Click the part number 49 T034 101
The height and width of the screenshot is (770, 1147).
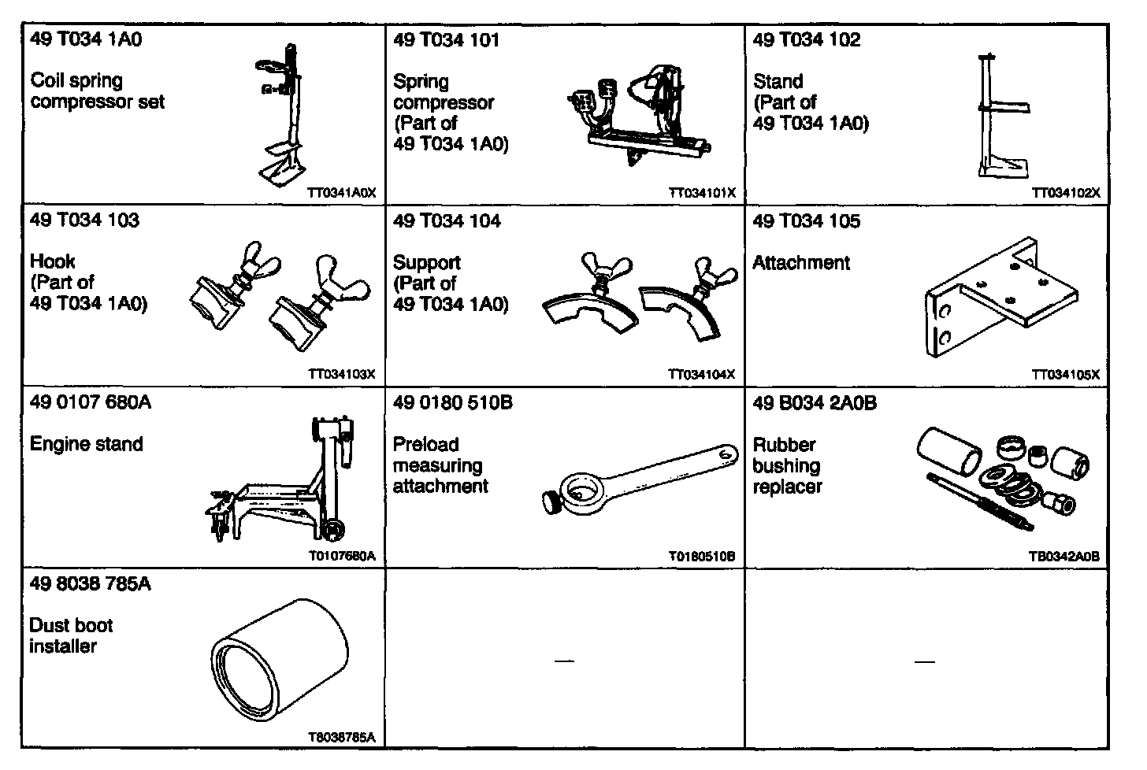pos(446,40)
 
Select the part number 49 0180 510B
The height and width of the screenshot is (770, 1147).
pos(452,403)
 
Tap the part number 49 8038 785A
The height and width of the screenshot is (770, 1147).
pos(90,584)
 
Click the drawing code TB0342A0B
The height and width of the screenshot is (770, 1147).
pos(1063,557)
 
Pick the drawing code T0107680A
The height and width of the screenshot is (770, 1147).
pos(341,557)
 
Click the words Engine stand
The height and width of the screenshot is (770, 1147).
pos(87,444)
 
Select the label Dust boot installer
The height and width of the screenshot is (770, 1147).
pos(71,636)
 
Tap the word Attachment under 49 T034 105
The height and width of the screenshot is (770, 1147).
pos(801,263)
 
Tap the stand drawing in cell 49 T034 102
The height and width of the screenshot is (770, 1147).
pos(999,118)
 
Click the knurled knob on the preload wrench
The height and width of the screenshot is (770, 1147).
pos(552,500)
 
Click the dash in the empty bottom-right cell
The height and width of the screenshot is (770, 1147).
pos(925,661)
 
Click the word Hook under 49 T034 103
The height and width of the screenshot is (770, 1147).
pos(53,261)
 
